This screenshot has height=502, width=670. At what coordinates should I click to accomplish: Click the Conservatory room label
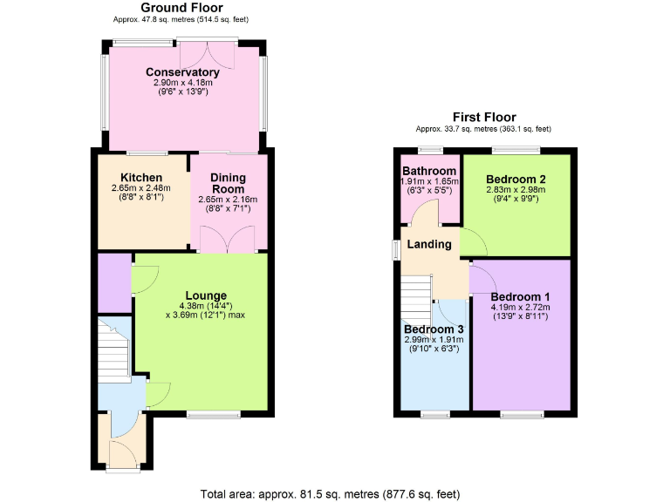coord(182,71)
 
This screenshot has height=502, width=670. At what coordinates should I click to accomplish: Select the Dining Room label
coord(228,183)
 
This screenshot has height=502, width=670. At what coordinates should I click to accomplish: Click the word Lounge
coord(206,295)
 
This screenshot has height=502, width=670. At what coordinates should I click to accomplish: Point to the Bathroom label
coord(429,170)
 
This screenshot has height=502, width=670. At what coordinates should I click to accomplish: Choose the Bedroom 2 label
coord(515,177)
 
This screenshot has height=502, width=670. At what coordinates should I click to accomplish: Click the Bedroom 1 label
coord(519,295)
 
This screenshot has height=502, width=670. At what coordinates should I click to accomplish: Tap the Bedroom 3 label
coord(434,329)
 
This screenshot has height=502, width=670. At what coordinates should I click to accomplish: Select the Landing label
coord(429,244)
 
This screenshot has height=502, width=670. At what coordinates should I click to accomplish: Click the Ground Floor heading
coord(181,8)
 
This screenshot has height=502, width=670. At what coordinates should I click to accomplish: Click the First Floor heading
coord(483,117)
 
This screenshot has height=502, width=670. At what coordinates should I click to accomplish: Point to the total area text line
coord(330,494)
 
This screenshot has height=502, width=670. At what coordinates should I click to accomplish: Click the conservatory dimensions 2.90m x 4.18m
coord(182,82)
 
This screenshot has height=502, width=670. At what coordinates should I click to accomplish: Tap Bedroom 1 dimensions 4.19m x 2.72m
coord(519,307)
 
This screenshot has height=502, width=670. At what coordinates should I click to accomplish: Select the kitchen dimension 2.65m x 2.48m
coord(140,187)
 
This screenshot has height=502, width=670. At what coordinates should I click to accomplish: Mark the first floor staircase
coord(417,297)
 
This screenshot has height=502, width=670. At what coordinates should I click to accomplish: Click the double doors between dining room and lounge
coord(224,240)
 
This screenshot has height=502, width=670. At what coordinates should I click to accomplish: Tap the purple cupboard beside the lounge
coord(113,282)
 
